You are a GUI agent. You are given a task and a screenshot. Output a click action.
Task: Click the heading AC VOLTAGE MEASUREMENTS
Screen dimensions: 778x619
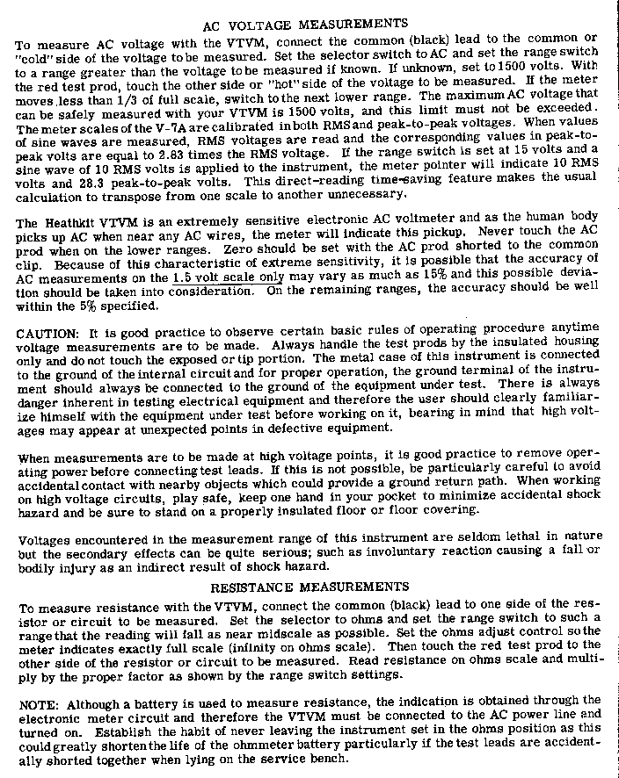click(x=305, y=24)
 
